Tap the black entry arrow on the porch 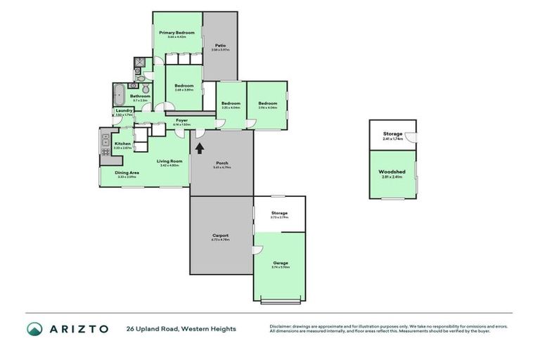200,148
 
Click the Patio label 220,46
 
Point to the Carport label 220,236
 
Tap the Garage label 281,263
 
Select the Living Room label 169,161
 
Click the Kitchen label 122,143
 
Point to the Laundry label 124,110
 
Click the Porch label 221,163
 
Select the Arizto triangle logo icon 35,329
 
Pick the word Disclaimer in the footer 281,326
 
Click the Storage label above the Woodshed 392,134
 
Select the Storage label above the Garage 279,213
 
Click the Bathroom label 140,96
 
